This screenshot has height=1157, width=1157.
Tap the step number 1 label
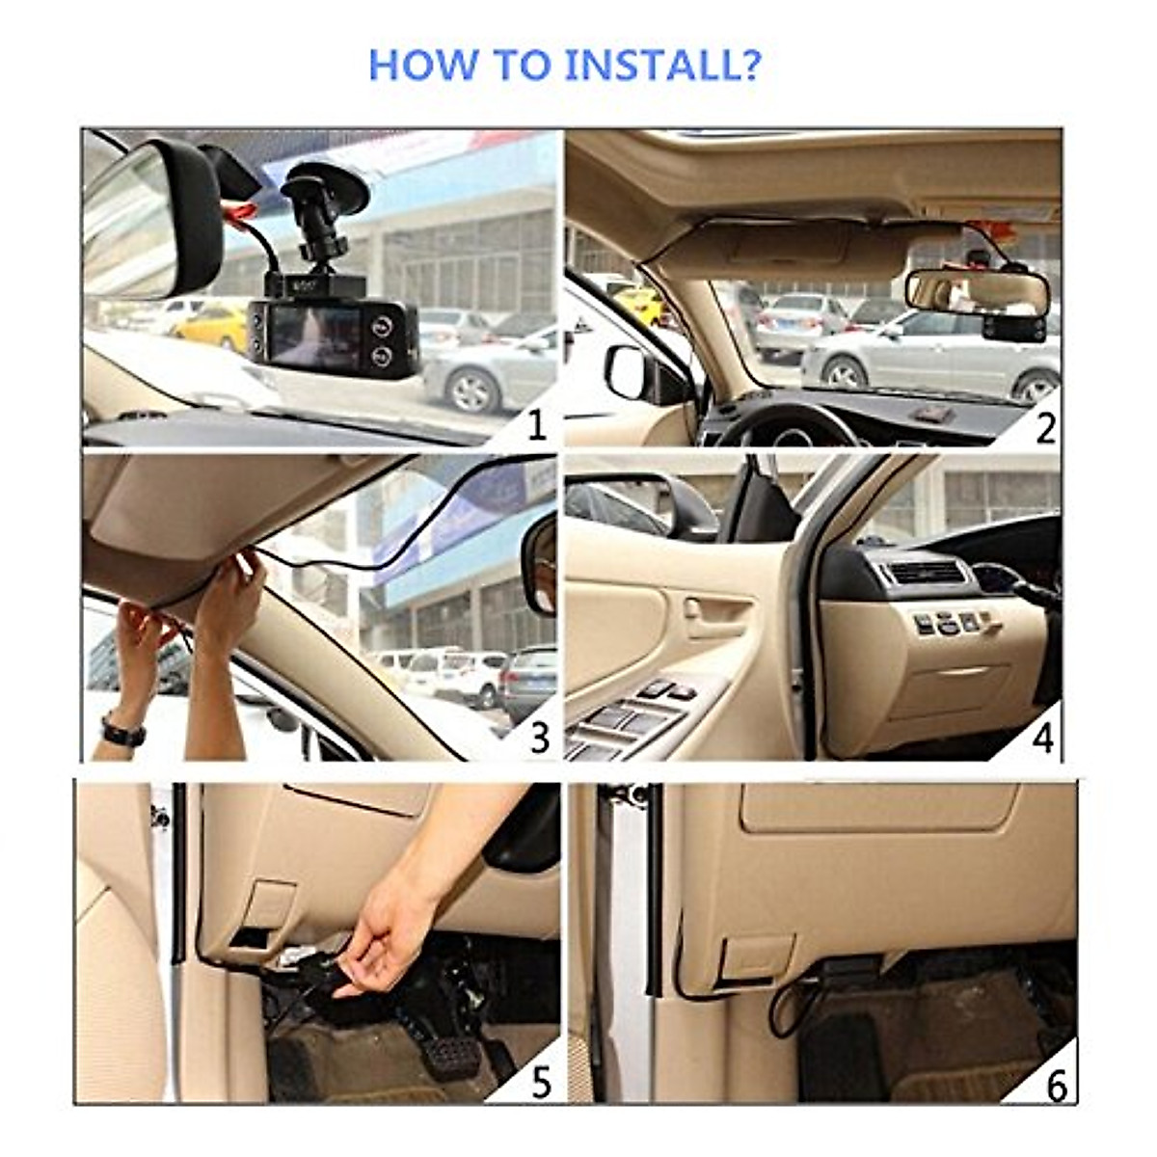[x=536, y=425]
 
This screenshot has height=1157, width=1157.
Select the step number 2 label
[x=1045, y=428]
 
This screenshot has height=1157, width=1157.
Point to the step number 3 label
[x=539, y=738]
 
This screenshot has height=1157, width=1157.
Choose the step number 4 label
[x=1043, y=738]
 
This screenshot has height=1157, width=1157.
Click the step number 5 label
[x=541, y=1082]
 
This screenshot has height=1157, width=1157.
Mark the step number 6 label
[x=1057, y=1085]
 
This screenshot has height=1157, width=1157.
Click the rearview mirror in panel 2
[x=976, y=290]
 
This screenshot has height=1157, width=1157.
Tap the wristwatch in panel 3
[x=122, y=732]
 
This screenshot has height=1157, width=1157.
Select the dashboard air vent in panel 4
[x=925, y=573]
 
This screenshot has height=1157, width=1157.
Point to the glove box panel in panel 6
[x=877, y=806]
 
